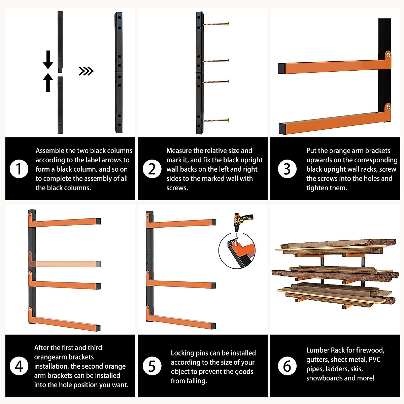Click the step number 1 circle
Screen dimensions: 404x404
point(19,169)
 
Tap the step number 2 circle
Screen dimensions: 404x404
point(152,169)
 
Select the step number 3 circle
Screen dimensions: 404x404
point(287,169)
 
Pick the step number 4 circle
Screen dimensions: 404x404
point(19,366)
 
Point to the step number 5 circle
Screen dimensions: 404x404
point(152,366)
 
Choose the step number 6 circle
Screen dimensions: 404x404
point(287,366)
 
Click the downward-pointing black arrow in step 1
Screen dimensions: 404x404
point(48,60)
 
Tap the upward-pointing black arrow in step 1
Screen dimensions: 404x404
point(48,82)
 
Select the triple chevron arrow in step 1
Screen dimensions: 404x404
point(86,71)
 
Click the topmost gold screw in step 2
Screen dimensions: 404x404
point(216,24)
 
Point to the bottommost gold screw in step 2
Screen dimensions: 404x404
point(216,120)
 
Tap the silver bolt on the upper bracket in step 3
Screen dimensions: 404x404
point(388,55)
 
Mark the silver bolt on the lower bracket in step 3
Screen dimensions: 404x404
point(388,107)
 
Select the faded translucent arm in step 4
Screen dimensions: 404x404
point(65,263)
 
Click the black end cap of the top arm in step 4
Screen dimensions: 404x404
point(98,221)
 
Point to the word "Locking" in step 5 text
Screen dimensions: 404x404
point(182,353)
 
